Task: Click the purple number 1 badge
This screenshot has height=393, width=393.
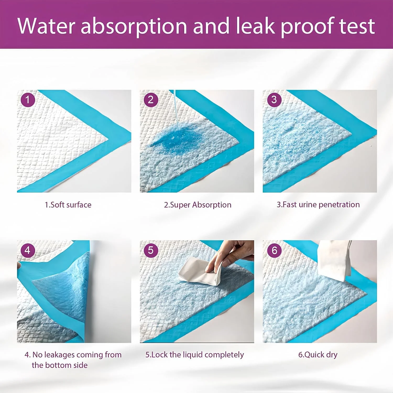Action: [x=28, y=100]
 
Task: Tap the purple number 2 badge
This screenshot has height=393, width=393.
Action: [x=151, y=100]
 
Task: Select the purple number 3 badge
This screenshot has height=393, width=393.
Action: [x=274, y=100]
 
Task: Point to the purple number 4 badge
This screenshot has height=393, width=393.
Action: [x=28, y=250]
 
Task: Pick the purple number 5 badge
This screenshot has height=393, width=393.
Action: [x=151, y=250]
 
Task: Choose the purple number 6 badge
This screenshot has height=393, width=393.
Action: [x=274, y=250]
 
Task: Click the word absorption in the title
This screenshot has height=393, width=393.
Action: [x=134, y=26]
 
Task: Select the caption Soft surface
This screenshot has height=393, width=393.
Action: [x=71, y=205]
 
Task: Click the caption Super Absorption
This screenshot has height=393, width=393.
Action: [x=201, y=205]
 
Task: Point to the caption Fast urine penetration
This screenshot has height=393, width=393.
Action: [x=321, y=205]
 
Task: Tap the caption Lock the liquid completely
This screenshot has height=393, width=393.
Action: [x=198, y=355]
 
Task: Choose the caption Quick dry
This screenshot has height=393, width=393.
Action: [x=321, y=355]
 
